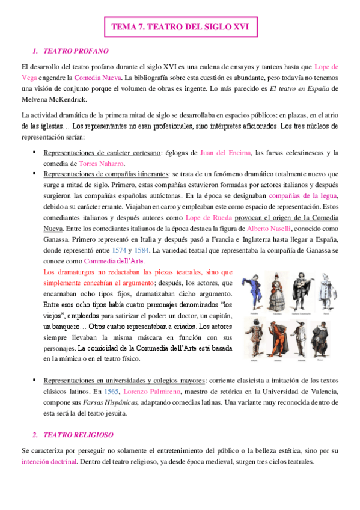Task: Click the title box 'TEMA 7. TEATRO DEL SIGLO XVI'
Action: [180, 27]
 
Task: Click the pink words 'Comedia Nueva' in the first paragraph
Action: [96, 78]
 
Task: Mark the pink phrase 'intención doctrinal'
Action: [49, 462]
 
